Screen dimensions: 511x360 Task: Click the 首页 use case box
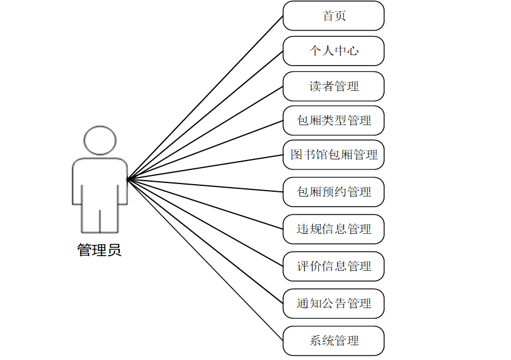pyautogui.click(x=333, y=16)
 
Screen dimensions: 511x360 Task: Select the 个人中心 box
pyautogui.click(x=333, y=51)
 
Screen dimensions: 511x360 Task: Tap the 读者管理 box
pyautogui.click(x=333, y=86)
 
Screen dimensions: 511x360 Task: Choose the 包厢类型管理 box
pyautogui.click(x=333, y=120)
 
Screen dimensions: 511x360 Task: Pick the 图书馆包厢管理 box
pyautogui.click(x=333, y=155)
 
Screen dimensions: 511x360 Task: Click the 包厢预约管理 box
pyautogui.click(x=333, y=192)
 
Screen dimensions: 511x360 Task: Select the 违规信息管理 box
pyautogui.click(x=333, y=229)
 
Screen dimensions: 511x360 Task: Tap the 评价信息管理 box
pyautogui.click(x=333, y=266)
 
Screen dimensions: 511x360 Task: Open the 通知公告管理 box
pyautogui.click(x=333, y=304)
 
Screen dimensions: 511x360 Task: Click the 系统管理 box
pyautogui.click(x=333, y=341)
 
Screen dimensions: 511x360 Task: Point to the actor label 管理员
pyautogui.click(x=99, y=250)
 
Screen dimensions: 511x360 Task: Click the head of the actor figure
pyautogui.click(x=99, y=140)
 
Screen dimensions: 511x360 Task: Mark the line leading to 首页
pyautogui.click(x=205, y=97)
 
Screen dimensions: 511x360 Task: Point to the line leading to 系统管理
pyautogui.click(x=205, y=259)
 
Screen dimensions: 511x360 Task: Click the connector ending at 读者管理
pyautogui.click(x=205, y=132)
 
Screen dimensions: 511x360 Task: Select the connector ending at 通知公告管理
pyautogui.click(x=205, y=241)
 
